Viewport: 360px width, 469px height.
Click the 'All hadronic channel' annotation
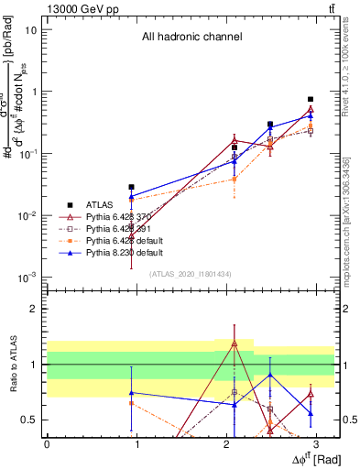191,38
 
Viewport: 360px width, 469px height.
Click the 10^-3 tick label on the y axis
27,278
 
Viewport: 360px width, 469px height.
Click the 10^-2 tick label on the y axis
27,216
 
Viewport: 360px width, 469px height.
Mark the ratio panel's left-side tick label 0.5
29,420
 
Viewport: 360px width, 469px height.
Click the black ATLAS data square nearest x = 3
311,99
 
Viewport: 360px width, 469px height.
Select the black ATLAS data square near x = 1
132,187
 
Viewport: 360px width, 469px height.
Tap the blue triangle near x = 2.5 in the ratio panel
270,375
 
